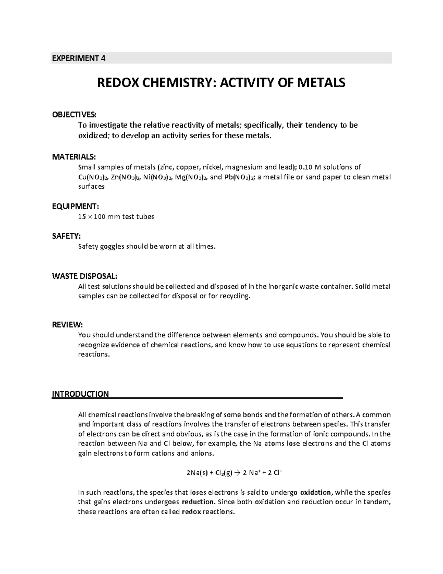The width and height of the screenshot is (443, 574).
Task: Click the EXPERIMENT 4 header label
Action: [x=78, y=58]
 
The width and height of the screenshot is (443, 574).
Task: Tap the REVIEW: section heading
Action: [x=67, y=325]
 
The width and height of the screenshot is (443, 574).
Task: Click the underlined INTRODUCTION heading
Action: [x=80, y=394]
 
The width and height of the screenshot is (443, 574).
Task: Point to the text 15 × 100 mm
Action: [x=97, y=217]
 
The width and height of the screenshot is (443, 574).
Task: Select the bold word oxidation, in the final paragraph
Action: [x=317, y=492]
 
